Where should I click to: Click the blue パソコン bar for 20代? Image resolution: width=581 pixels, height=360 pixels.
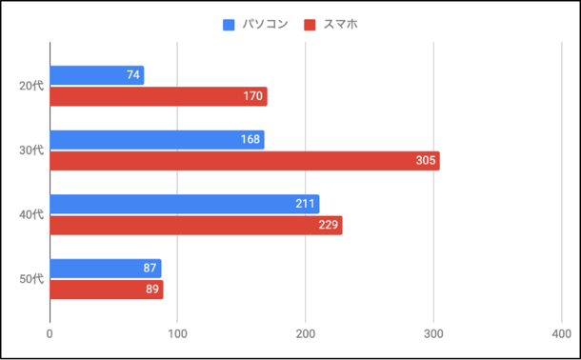pyautogui.click(x=96, y=75)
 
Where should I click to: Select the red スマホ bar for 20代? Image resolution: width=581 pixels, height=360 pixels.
pyautogui.click(x=158, y=96)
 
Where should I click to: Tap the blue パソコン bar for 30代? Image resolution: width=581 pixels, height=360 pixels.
pyautogui.click(x=156, y=140)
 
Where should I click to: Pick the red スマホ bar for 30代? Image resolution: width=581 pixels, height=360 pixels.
pyautogui.click(x=244, y=161)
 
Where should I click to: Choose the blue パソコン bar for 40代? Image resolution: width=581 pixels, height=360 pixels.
pyautogui.click(x=184, y=204)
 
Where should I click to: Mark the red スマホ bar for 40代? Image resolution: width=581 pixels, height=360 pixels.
pyautogui.click(x=195, y=225)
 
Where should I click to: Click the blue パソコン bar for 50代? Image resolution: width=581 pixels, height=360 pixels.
pyautogui.click(x=105, y=269)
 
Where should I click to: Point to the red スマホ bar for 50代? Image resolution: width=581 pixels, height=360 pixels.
pyautogui.click(x=106, y=290)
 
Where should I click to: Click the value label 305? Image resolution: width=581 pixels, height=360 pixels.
pyautogui.click(x=426, y=161)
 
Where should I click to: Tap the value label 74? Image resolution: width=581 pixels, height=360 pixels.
pyautogui.click(x=133, y=75)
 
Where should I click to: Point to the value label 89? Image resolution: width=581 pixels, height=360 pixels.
pyautogui.click(x=151, y=290)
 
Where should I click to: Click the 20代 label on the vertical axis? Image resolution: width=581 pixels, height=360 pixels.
pyautogui.click(x=31, y=86)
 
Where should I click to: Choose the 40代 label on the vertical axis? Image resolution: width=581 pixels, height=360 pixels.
pyautogui.click(x=31, y=214)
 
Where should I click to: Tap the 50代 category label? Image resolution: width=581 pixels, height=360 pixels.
pyautogui.click(x=31, y=279)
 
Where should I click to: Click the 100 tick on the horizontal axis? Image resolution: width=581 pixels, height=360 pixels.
pyautogui.click(x=177, y=333)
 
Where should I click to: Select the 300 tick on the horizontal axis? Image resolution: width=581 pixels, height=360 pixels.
pyautogui.click(x=433, y=333)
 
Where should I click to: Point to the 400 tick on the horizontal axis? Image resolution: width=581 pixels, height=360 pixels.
pyautogui.click(x=560, y=333)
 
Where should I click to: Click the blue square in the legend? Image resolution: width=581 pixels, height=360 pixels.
pyautogui.click(x=229, y=24)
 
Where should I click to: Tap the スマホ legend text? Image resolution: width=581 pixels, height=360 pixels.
pyautogui.click(x=341, y=24)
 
